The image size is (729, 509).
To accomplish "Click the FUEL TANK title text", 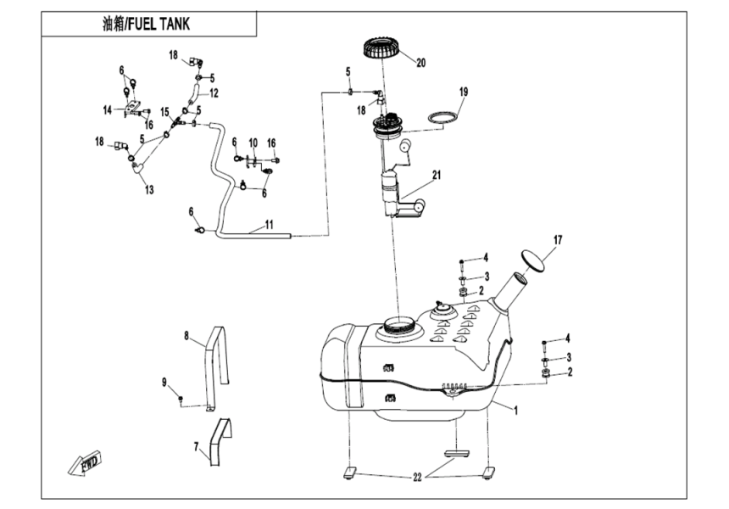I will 146,24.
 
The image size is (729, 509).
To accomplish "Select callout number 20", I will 421,61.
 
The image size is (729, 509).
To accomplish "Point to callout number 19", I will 464,91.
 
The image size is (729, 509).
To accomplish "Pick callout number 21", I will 437,176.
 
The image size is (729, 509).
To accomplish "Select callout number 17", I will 558,240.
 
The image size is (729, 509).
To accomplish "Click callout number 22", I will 417,478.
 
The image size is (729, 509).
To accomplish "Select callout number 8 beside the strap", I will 186,335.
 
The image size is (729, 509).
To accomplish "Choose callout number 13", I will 149,190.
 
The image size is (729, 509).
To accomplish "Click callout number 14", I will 108,109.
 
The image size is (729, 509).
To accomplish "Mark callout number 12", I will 214,92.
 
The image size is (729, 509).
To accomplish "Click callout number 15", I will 165,111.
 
